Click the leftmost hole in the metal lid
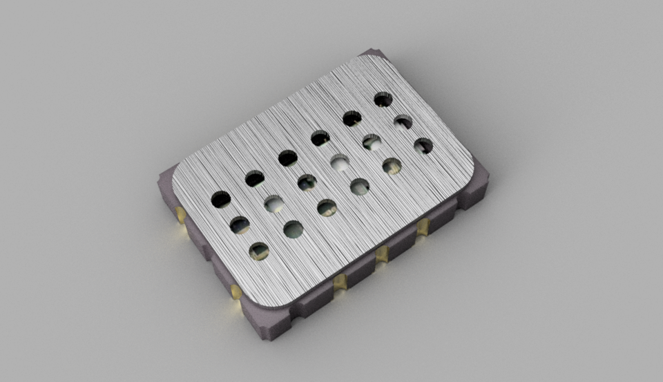click(x=221, y=200)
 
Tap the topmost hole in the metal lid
click(x=383, y=99)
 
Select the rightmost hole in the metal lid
click(x=423, y=146)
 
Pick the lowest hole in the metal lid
click(x=259, y=251)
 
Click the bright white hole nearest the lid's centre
click(x=339, y=163)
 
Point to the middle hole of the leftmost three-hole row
click(x=240, y=225)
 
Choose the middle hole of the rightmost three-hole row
click(x=403, y=122)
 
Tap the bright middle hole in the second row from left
click(x=274, y=204)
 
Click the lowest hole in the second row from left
click(x=294, y=229)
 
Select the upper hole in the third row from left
click(x=288, y=158)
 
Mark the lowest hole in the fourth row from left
click(x=359, y=187)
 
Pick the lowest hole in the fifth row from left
click(x=392, y=166)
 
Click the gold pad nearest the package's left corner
click(x=181, y=215)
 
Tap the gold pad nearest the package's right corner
click(x=423, y=227)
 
